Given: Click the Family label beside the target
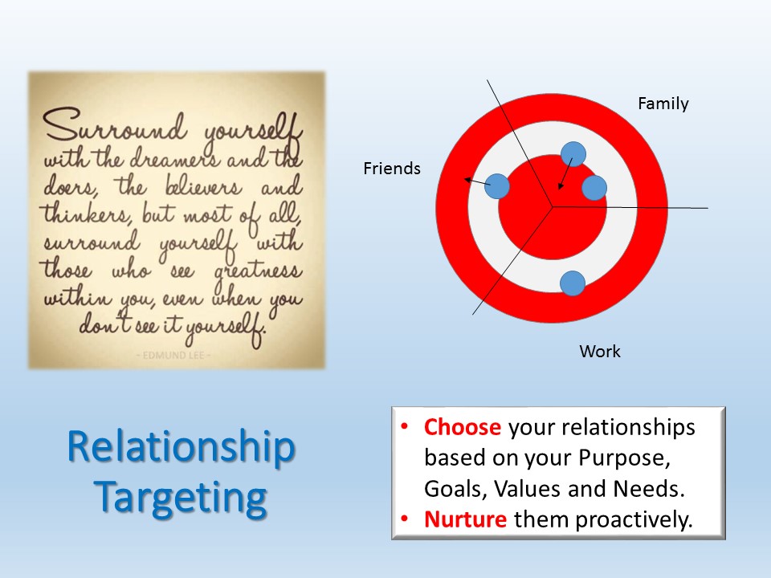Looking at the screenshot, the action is point(663,104).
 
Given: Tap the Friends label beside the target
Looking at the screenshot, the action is point(392,169).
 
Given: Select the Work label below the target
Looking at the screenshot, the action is point(600,352).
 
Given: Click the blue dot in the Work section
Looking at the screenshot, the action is point(573,283).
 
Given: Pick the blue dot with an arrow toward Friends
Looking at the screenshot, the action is point(497,186).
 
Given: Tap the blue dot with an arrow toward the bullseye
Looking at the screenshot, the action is point(573,154).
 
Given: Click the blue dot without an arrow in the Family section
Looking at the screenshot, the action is point(594,188).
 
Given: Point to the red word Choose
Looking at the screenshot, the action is point(463,427).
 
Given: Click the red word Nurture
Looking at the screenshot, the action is point(465,519).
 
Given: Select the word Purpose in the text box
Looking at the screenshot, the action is point(624,458).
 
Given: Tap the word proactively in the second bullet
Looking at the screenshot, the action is point(634,520).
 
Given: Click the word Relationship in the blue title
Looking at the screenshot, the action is point(181,448).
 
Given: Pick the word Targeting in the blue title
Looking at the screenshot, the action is point(181,499).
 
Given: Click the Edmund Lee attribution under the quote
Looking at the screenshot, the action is point(173,355).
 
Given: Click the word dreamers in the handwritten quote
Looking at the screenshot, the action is point(171,158).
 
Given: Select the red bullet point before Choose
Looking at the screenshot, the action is point(404,426).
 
